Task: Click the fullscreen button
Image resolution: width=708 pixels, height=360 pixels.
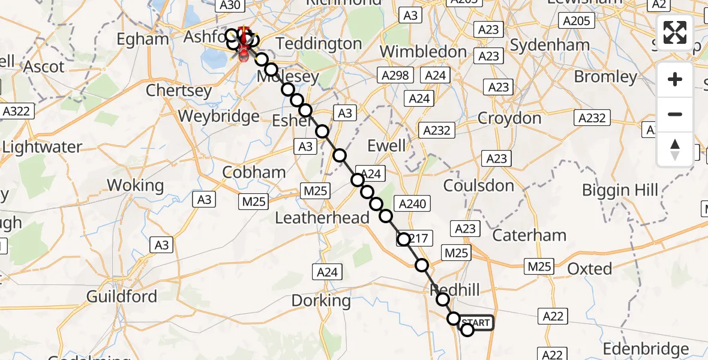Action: (675, 32)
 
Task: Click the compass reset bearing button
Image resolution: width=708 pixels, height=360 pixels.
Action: (675, 149)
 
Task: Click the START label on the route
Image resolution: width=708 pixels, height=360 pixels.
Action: (476, 323)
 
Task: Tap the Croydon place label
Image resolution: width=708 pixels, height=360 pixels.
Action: (509, 118)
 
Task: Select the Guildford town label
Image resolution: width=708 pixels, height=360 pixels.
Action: (122, 296)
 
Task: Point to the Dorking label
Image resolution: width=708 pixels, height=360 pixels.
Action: (321, 300)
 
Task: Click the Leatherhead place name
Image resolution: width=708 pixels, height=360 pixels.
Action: (322, 218)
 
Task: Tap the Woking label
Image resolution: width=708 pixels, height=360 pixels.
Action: (135, 185)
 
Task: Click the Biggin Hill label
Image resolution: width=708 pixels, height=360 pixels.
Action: (620, 190)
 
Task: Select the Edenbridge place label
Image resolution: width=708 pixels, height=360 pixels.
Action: (645, 349)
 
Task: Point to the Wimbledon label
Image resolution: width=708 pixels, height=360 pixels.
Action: (424, 52)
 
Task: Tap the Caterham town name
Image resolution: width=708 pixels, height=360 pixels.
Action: (530, 235)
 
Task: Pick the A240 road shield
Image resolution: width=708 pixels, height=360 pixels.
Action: (411, 204)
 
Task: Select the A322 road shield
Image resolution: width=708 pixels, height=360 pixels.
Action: (17, 111)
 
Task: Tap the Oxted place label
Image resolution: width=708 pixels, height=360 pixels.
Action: (589, 268)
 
